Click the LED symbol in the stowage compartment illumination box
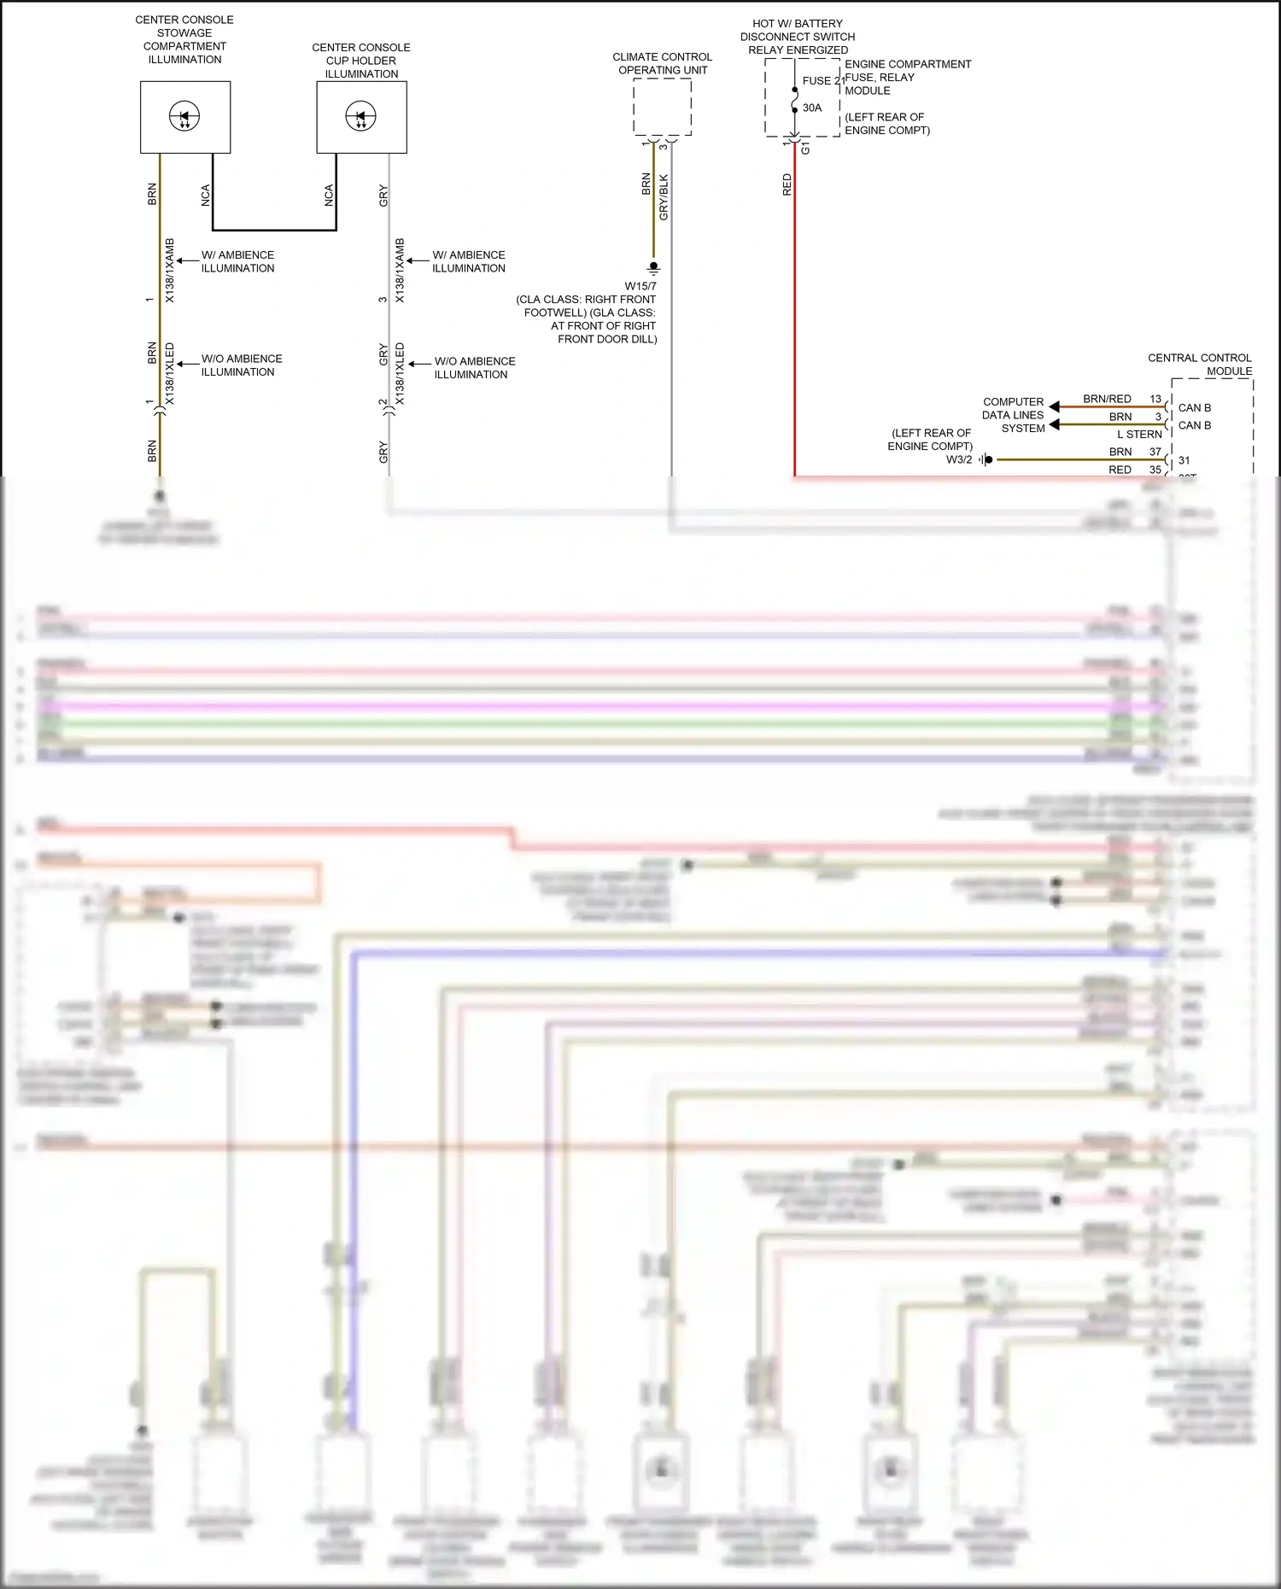pos(184,116)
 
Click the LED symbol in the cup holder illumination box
pos(360,116)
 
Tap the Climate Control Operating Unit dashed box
pos(662,107)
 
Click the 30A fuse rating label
pos(812,108)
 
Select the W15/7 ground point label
pos(640,286)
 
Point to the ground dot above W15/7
pos(653,266)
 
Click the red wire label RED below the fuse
pos(787,184)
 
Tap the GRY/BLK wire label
pos(664,197)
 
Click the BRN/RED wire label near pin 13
pos(1107,399)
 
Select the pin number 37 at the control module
pos(1155,452)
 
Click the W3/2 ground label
pos(958,459)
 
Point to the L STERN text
pos(1139,434)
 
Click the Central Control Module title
pos(1200,365)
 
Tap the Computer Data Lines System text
pos(1014,415)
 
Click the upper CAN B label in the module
pos(1195,407)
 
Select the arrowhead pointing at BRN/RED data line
pos(1055,406)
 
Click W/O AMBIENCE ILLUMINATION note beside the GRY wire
pos(474,368)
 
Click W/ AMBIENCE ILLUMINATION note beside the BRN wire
pos(237,261)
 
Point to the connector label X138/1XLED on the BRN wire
pos(169,374)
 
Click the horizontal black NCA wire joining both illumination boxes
pos(274,230)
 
